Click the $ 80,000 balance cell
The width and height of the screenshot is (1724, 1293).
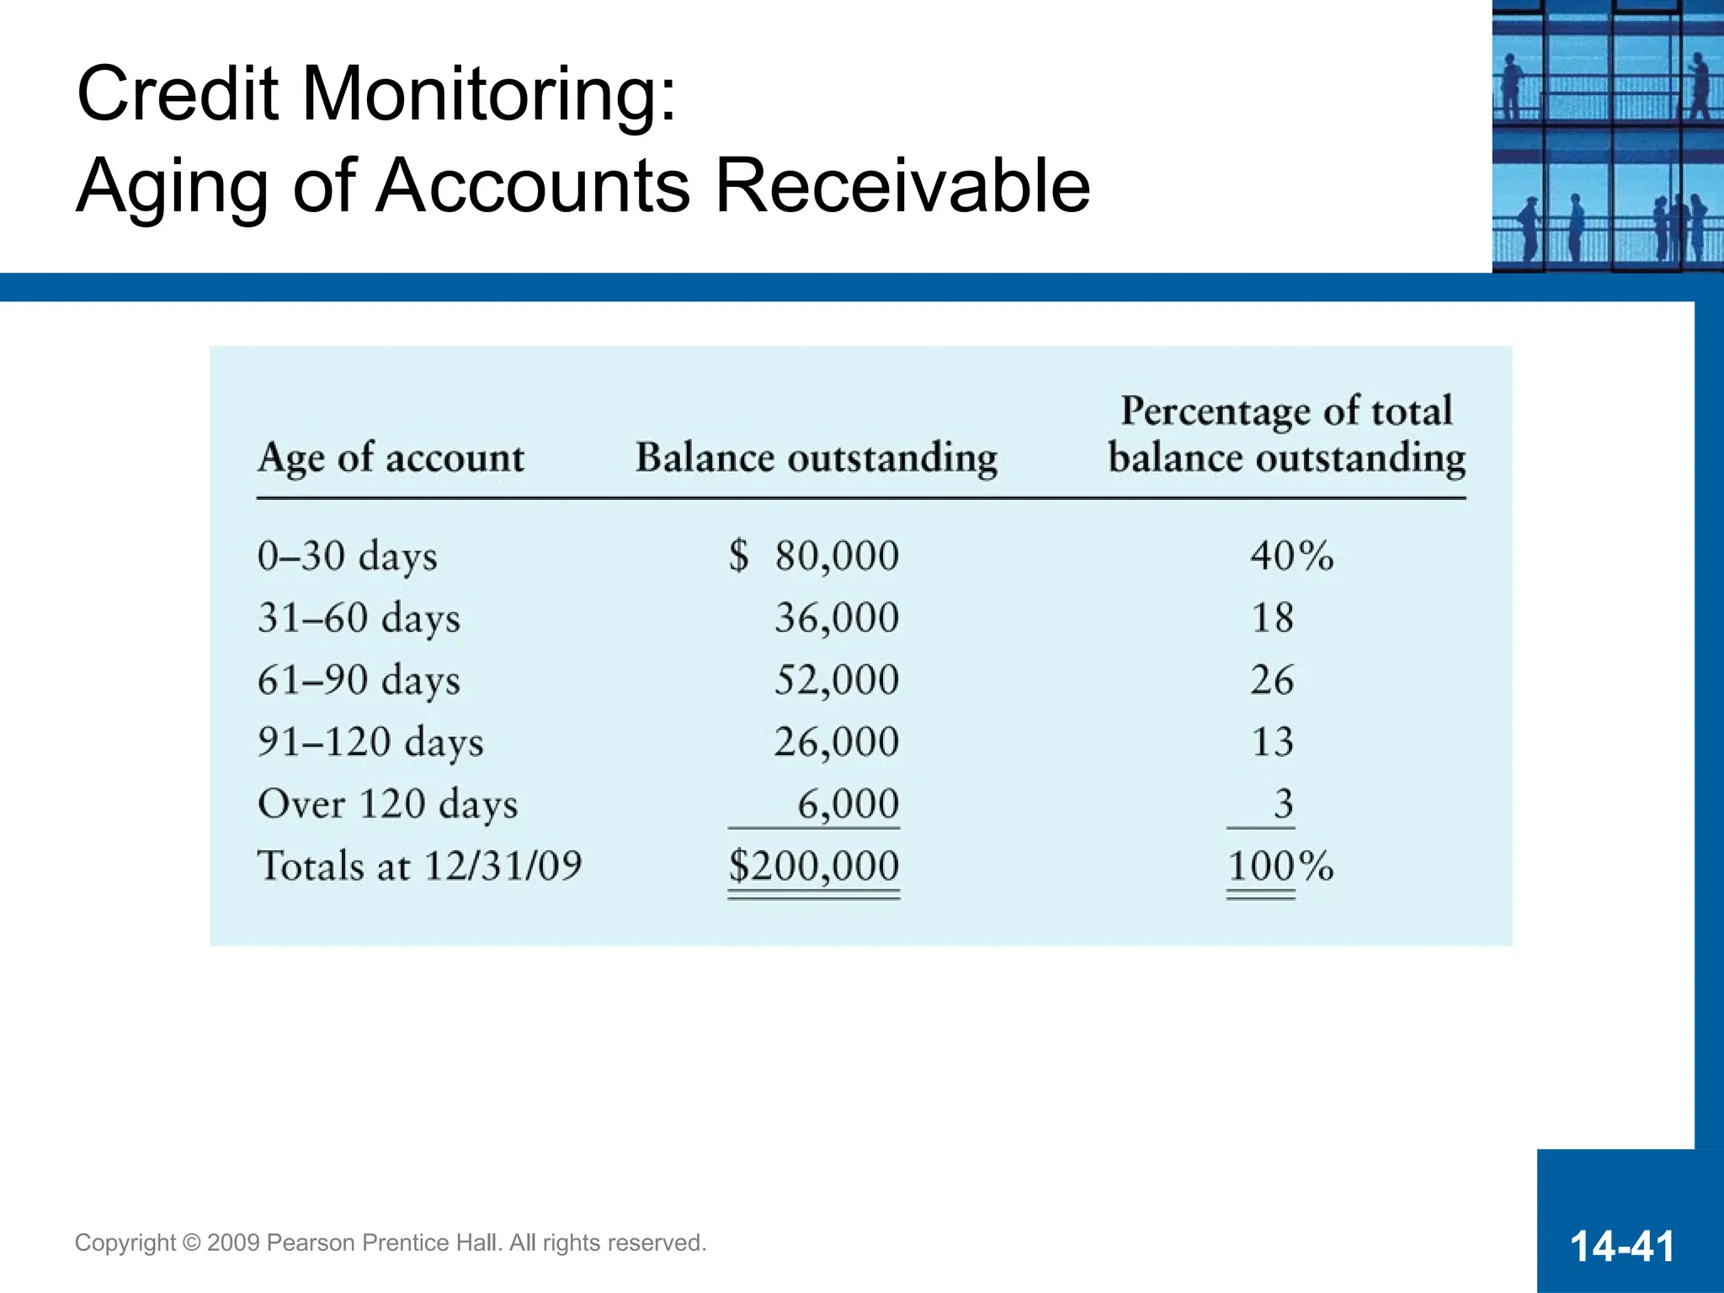[x=814, y=556]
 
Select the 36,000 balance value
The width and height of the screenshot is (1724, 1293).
[x=837, y=618]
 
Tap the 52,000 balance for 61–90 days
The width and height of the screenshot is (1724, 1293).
[x=837, y=680]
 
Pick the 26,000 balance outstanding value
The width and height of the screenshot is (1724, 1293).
[x=837, y=742]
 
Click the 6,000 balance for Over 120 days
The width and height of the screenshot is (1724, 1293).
[x=848, y=804]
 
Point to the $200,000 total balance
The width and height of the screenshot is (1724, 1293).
[x=814, y=866]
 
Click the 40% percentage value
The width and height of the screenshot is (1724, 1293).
[x=1291, y=556]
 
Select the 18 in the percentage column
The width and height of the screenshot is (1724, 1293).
[x=1272, y=618]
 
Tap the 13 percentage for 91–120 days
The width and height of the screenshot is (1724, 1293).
[x=1272, y=742]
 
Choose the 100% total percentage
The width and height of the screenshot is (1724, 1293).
[x=1280, y=866]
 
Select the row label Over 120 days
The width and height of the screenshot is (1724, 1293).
[x=387, y=804]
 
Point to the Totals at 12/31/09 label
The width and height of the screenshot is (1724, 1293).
[x=419, y=866]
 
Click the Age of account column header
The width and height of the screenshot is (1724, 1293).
[x=391, y=459]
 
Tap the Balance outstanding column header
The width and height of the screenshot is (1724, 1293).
[x=816, y=459]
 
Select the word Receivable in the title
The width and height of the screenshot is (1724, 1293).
[x=902, y=186]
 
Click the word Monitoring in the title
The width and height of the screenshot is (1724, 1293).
[x=488, y=94]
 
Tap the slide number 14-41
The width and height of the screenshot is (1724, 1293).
[x=1622, y=1246]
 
